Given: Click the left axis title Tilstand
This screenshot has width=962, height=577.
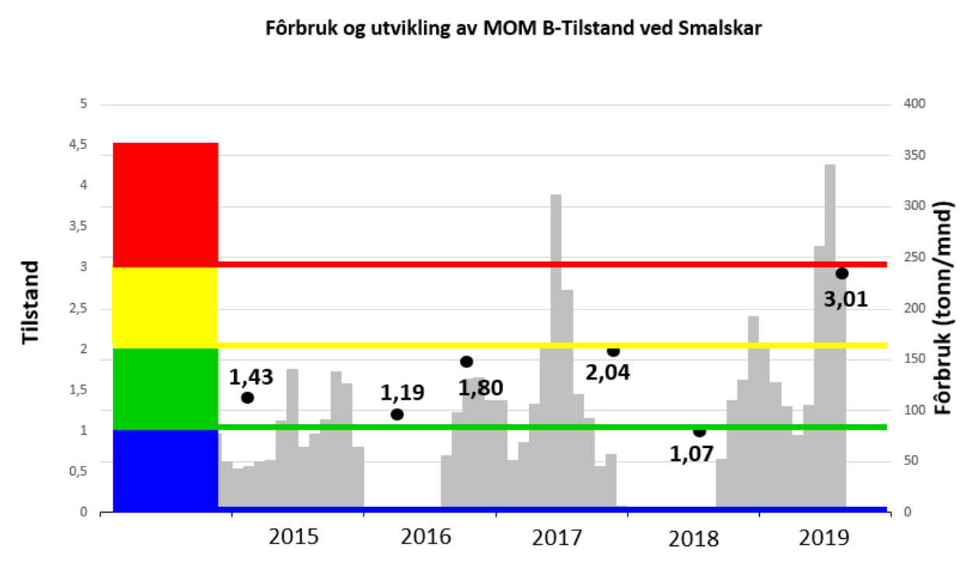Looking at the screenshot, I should tap(30, 303).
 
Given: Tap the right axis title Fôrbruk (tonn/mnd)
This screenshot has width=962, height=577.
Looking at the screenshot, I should tap(944, 308).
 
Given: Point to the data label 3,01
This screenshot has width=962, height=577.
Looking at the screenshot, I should tap(845, 299).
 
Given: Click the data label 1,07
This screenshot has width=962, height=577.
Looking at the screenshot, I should tap(692, 453).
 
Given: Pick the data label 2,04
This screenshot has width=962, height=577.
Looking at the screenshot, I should tap(608, 372).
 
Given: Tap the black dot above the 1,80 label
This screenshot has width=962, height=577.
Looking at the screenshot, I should tap(466, 362).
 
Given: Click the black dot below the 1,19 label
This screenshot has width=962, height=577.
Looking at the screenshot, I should tap(397, 414).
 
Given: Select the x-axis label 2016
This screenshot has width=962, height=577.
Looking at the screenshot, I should tap(426, 536).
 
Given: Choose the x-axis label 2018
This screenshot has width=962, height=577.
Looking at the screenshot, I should tap(695, 537).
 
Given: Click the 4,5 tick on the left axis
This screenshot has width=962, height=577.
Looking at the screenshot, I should tap(78, 145).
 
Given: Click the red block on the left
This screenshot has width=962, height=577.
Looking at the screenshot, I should tap(165, 204).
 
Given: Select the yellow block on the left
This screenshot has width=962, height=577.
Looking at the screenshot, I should tap(165, 305).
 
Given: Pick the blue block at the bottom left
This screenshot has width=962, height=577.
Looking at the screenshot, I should tap(165, 470).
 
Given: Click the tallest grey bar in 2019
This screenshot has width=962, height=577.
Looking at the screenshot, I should tap(830, 334).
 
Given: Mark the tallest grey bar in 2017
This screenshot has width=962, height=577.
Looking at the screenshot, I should tap(556, 350).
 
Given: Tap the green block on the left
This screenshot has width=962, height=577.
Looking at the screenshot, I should tap(165, 387).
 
